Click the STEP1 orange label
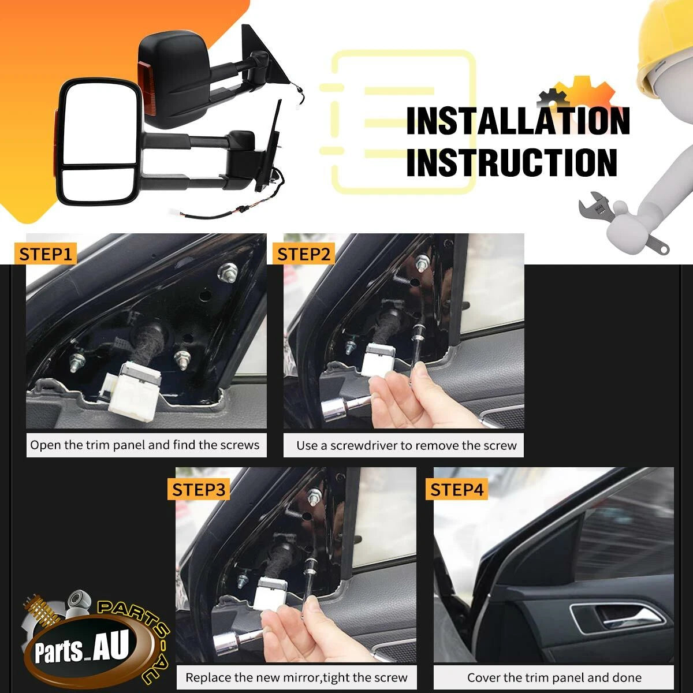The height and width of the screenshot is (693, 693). click(45, 254)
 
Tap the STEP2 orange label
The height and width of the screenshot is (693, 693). click(304, 254)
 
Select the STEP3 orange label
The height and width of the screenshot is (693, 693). click(199, 490)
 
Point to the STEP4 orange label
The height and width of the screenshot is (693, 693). click(457, 490)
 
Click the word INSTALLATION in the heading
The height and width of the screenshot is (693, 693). click(518, 121)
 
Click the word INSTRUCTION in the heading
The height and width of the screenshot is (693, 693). click(512, 162)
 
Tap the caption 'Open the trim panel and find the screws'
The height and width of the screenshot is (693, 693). click(145, 445)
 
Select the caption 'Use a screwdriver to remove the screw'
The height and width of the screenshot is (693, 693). click(407, 446)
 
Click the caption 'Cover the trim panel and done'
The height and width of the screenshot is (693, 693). click(554, 677)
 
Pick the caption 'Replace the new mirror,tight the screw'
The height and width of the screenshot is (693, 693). click(296, 677)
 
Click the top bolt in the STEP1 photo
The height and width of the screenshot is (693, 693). click(228, 272)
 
